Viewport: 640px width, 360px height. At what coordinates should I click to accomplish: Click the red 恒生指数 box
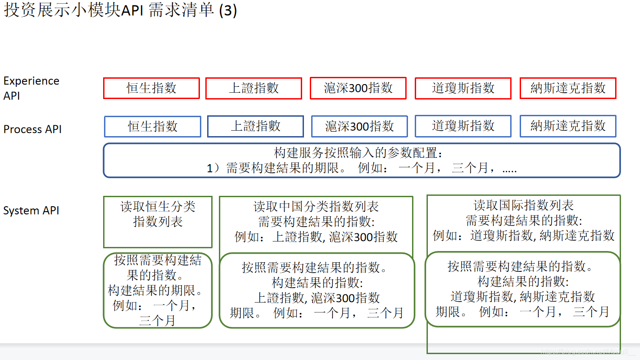[152, 88]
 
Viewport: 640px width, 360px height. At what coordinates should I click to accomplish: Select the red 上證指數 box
[254, 88]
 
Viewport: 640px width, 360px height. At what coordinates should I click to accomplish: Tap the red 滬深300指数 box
[358, 88]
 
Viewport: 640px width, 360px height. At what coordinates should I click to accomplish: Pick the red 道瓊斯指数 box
[463, 88]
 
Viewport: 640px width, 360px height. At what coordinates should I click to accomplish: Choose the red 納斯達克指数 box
[568, 88]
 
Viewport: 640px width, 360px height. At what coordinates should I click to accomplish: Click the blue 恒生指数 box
[152, 126]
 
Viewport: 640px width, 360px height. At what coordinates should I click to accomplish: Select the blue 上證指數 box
[256, 126]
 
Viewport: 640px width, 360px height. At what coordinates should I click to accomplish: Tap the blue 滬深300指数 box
[360, 126]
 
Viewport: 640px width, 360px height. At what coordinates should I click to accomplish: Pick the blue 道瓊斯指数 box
[463, 126]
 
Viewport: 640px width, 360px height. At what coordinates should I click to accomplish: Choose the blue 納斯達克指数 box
[568, 126]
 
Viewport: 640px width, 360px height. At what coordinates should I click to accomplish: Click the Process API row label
[33, 129]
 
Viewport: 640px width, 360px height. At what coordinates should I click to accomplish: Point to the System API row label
[31, 211]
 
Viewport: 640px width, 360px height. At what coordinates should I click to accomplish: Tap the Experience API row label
[31, 88]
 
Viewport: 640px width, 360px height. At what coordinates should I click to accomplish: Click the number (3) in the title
[228, 10]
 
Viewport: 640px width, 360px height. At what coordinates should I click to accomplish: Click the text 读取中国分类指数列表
[316, 207]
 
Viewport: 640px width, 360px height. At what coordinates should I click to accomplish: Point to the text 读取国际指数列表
[524, 206]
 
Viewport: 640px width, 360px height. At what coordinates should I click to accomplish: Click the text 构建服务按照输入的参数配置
[358, 152]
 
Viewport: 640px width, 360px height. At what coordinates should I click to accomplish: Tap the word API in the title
[133, 10]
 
